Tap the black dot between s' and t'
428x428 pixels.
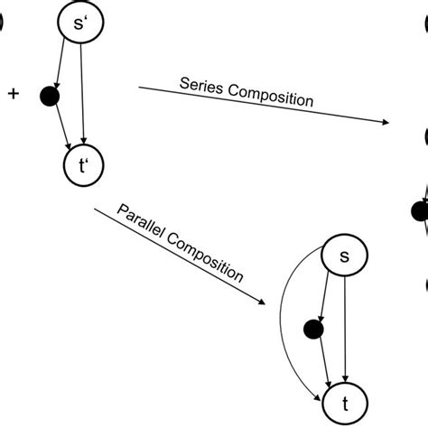(51, 93)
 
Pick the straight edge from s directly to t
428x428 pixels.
(345, 330)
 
